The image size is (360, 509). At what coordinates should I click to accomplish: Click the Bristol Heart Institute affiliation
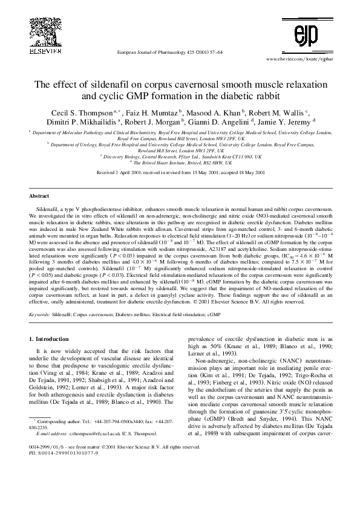tap(182, 162)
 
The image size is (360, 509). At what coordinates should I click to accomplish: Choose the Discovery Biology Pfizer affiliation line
tap(180, 156)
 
